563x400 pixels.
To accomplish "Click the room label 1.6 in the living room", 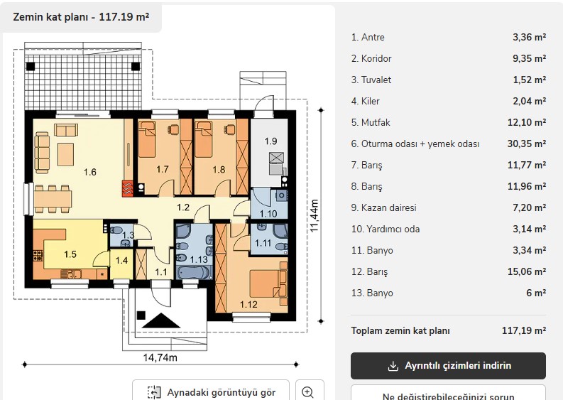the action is [89, 172].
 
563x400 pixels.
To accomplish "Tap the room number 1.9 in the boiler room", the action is [270, 141].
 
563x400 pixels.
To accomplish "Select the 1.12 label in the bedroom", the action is [248, 305].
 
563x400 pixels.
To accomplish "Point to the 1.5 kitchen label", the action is [70, 254].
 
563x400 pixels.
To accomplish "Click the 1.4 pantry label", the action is [121, 260].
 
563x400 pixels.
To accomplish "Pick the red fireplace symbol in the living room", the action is [128, 188].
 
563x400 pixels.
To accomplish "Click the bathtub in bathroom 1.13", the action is [192, 272].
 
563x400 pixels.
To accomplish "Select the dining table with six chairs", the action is [53, 199].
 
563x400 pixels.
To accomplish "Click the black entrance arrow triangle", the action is [161, 320].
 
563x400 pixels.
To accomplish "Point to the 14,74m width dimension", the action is [160, 357].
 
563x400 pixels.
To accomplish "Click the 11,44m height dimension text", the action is [314, 216].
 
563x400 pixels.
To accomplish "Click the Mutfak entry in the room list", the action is [371, 122].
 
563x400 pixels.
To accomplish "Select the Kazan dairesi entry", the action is [384, 207].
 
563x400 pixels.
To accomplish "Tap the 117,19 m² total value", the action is [524, 330].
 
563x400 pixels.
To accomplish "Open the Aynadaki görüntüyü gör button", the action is [211, 391].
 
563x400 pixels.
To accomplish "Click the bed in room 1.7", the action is [147, 139].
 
